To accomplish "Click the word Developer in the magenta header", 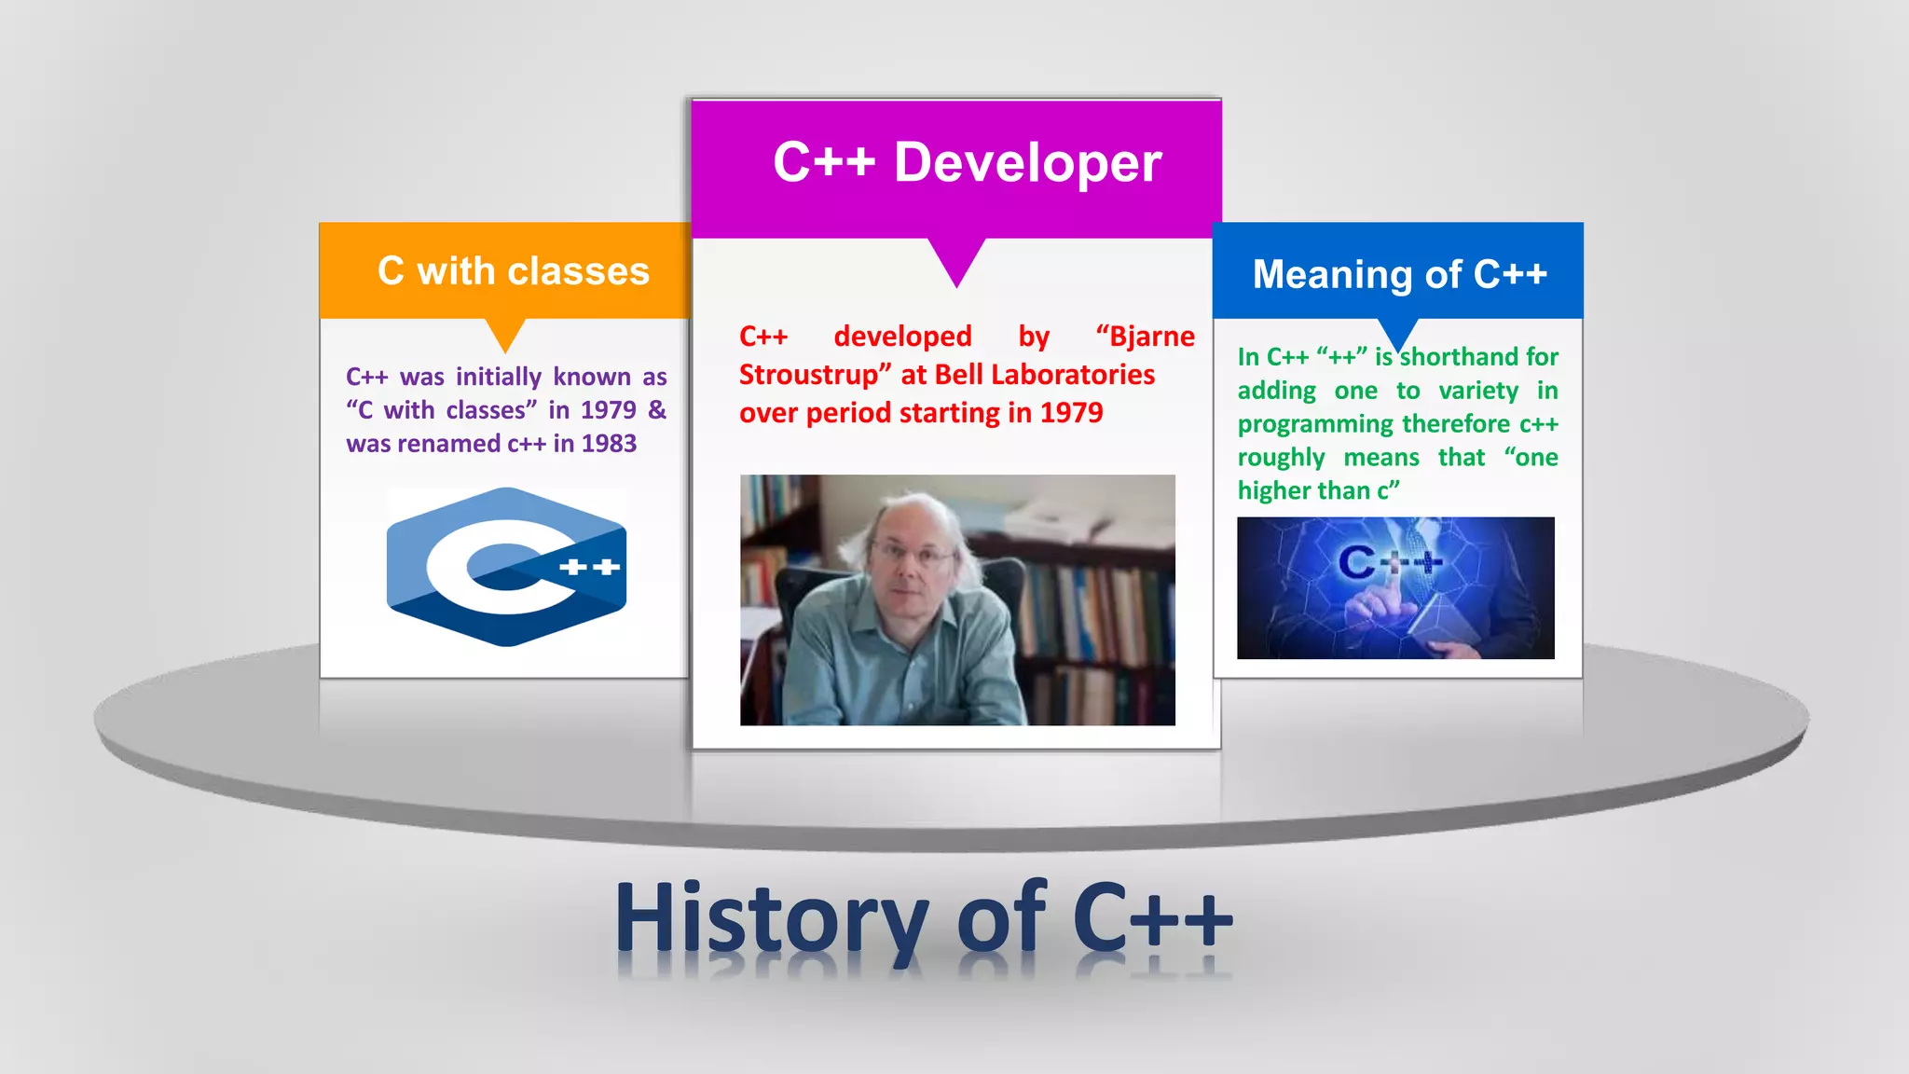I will point(1027,163).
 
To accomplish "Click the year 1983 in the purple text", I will point(609,444).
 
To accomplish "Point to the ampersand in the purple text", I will point(657,410).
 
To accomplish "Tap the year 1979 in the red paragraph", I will point(1071,413).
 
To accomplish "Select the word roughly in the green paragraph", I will point(1281,458).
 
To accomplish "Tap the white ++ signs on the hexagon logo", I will point(589,567).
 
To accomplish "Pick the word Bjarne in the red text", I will point(1150,337).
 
